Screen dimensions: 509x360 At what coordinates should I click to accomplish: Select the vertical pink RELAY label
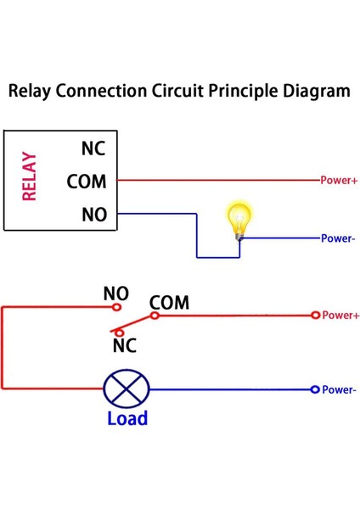click(x=30, y=176)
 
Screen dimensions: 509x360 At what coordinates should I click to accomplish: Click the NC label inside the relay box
click(x=93, y=148)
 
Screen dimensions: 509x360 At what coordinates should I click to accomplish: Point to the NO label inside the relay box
click(x=93, y=215)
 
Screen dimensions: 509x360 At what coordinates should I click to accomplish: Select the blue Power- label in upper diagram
click(x=338, y=238)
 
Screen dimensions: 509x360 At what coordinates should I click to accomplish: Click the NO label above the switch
click(x=116, y=294)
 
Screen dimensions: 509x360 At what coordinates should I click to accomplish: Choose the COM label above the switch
click(x=169, y=302)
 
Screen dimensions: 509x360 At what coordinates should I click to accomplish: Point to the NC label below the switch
click(x=125, y=345)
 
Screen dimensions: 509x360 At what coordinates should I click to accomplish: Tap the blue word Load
click(x=127, y=418)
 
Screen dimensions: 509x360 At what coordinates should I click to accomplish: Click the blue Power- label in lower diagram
click(x=340, y=390)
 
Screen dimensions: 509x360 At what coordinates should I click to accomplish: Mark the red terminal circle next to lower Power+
click(x=315, y=315)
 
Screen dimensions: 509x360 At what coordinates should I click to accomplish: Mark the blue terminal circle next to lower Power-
click(x=315, y=389)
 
